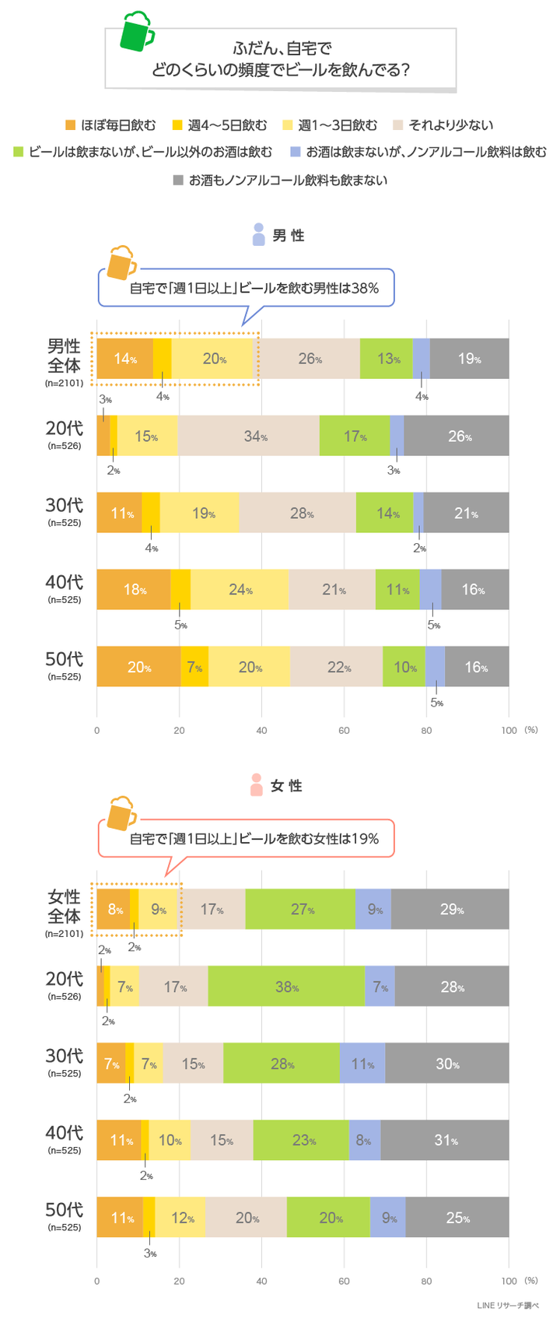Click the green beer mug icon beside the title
pyautogui.click(x=138, y=33)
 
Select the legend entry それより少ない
pyautogui.click(x=443, y=125)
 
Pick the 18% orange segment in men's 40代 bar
pyautogui.click(x=133, y=590)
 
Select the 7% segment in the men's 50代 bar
pyautogui.click(x=194, y=667)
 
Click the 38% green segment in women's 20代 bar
pyautogui.click(x=286, y=987)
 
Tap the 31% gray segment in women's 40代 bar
pyautogui.click(x=445, y=1140)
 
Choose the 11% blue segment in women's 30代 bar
pyautogui.click(x=362, y=1064)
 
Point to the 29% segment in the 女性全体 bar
pyautogui.click(x=450, y=909)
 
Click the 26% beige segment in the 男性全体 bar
pyautogui.click(x=310, y=359)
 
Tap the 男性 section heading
pyautogui.click(x=287, y=236)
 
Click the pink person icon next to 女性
pyautogui.click(x=257, y=784)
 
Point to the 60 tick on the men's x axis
pyautogui.click(x=344, y=731)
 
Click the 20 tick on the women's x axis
pyautogui.click(x=179, y=1281)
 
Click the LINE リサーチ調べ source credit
pyautogui.click(x=507, y=1306)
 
